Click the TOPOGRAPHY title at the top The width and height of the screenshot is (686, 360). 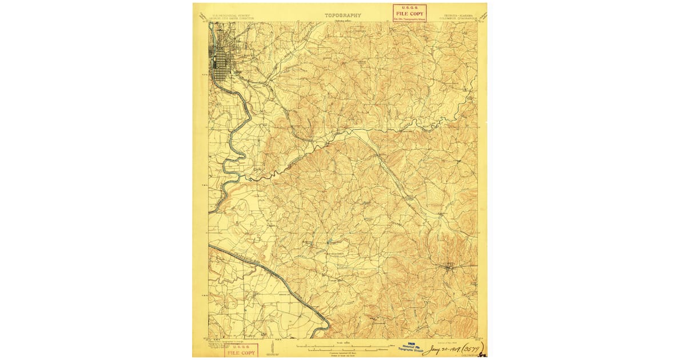click(343, 15)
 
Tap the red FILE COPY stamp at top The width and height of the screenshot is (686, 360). click(409, 13)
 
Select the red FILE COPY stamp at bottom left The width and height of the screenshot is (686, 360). click(240, 350)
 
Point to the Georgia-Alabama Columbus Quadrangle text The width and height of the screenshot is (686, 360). click(457, 17)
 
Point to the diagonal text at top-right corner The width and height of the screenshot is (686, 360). click(483, 17)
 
